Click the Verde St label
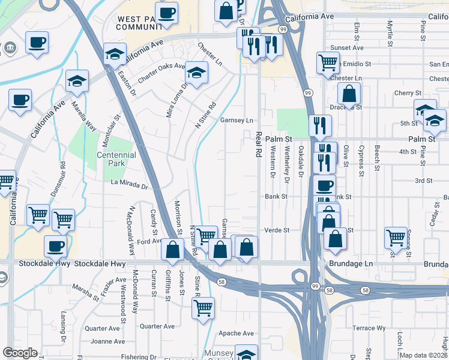click(x=277, y=230)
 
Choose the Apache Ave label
click(x=238, y=333)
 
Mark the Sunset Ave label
click(x=350, y=47)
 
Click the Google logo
click(x=20, y=353)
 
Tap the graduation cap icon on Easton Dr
click(x=115, y=53)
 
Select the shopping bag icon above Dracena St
click(x=349, y=94)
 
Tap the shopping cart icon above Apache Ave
click(x=203, y=308)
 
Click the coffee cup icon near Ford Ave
click(x=55, y=245)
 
